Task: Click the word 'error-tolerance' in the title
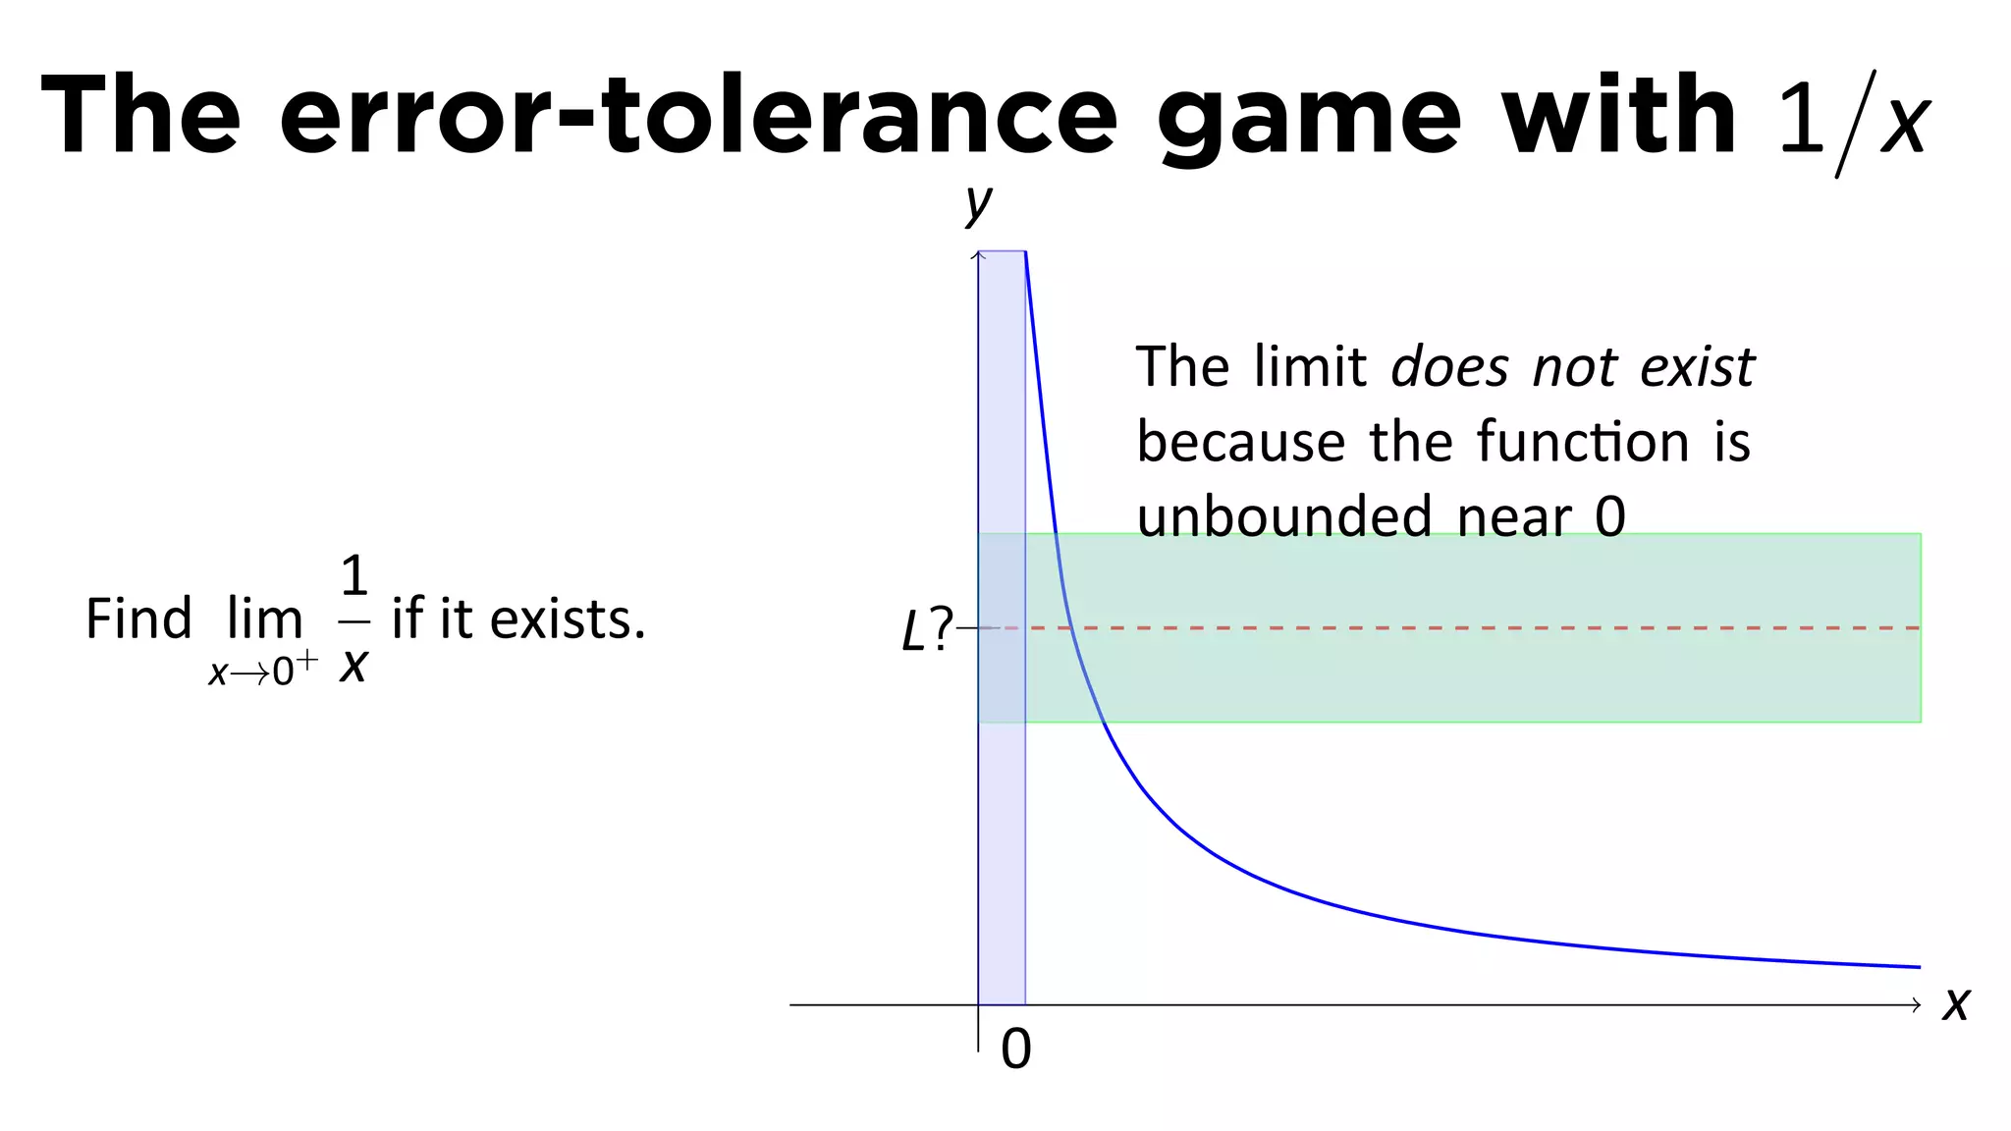tap(698, 116)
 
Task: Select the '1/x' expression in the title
tap(1854, 122)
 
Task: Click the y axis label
tap(978, 203)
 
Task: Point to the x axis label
tap(1955, 1003)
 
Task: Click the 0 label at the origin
tap(1016, 1049)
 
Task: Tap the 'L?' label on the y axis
tap(926, 629)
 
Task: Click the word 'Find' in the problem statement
tap(138, 619)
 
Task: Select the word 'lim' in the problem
tap(264, 619)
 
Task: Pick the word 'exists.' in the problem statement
tap(568, 619)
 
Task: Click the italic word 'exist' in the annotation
tap(1697, 368)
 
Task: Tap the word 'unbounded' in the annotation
tap(1283, 516)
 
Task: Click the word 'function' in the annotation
tap(1583, 442)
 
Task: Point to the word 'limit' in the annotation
tap(1310, 368)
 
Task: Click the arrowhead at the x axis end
tap(1916, 1004)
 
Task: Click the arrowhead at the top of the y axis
tap(978, 255)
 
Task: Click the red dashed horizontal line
tap(1473, 627)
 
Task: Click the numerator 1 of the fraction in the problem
tap(354, 576)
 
